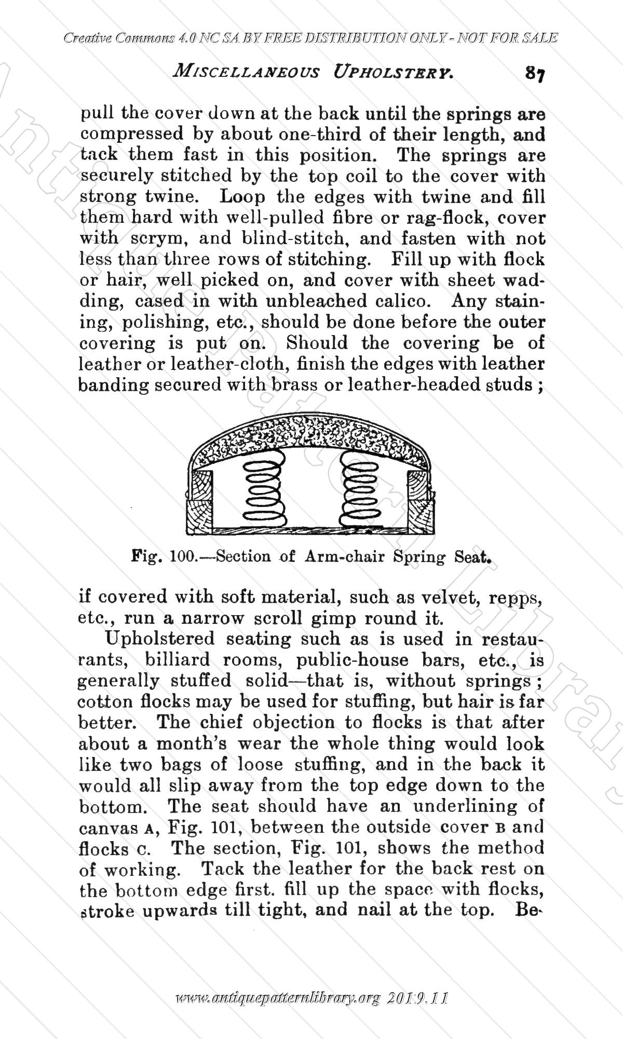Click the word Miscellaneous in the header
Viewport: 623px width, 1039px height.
(x=243, y=73)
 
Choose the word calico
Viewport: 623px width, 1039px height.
(x=408, y=301)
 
